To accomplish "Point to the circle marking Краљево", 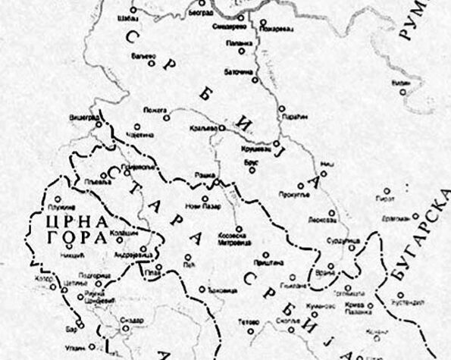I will point(221,129).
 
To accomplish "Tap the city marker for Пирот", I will point(387,190).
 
